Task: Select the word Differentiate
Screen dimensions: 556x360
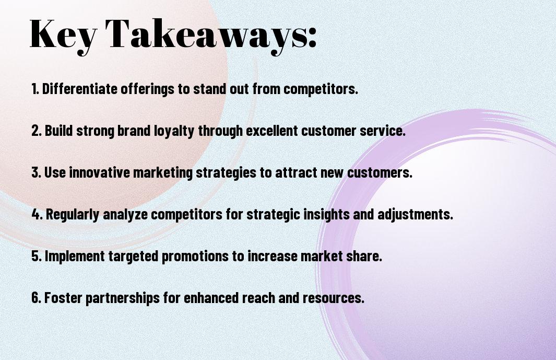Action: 79,89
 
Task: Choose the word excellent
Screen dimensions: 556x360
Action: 272,131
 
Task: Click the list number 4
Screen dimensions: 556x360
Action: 37,214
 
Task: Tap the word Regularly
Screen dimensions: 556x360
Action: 73,215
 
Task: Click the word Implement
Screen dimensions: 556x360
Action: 75,257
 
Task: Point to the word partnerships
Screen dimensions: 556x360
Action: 123,298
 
